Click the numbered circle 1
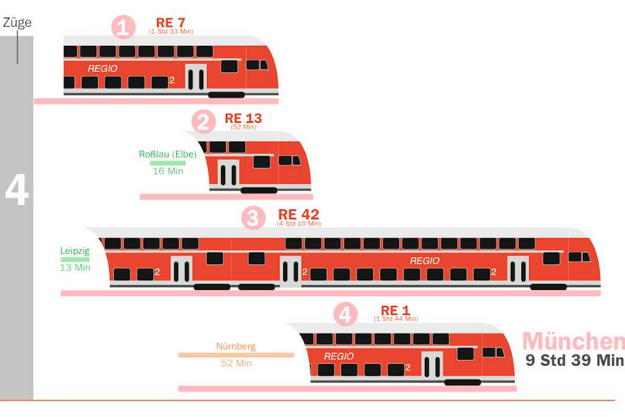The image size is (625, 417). (x=123, y=27)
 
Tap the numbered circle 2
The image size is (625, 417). (x=203, y=121)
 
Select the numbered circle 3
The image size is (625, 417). (x=253, y=218)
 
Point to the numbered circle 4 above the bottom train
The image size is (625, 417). (x=345, y=314)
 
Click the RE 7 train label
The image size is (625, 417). (x=171, y=23)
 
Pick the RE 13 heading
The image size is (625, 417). (x=243, y=118)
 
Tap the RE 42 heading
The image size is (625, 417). (x=298, y=214)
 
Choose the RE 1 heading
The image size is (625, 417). (x=396, y=310)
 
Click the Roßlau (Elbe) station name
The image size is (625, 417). (x=168, y=154)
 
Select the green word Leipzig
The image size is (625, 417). (x=75, y=251)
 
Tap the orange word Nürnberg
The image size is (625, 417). (x=236, y=346)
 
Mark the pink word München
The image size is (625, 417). (x=574, y=342)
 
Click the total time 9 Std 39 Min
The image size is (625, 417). (x=574, y=360)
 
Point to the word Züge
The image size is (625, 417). (x=17, y=23)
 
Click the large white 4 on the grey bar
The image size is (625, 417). (x=16, y=190)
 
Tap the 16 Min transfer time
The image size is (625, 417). (x=168, y=171)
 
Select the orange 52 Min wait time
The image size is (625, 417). (x=236, y=363)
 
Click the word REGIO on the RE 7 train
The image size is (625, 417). (x=103, y=68)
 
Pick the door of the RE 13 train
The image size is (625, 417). (x=228, y=174)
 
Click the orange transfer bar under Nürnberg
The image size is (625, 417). (x=236, y=355)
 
